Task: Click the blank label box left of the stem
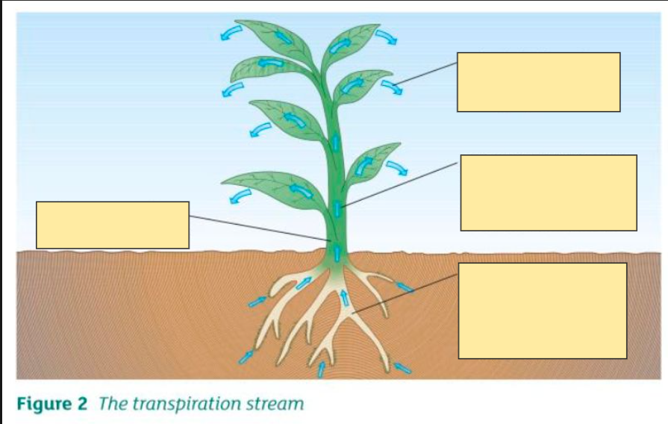(x=113, y=225)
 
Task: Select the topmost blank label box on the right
(x=538, y=82)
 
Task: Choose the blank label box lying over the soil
(x=543, y=311)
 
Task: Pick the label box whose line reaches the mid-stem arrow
(x=549, y=193)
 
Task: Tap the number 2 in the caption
(x=82, y=404)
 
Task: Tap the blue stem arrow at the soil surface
(x=337, y=252)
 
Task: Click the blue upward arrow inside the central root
(x=344, y=297)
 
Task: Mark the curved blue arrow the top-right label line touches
(x=392, y=87)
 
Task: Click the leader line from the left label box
(x=260, y=228)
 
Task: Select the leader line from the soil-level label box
(x=405, y=294)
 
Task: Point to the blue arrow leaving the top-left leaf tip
(x=231, y=33)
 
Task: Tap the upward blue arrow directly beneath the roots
(x=321, y=370)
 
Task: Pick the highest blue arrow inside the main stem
(x=336, y=143)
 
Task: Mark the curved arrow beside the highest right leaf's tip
(x=387, y=37)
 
